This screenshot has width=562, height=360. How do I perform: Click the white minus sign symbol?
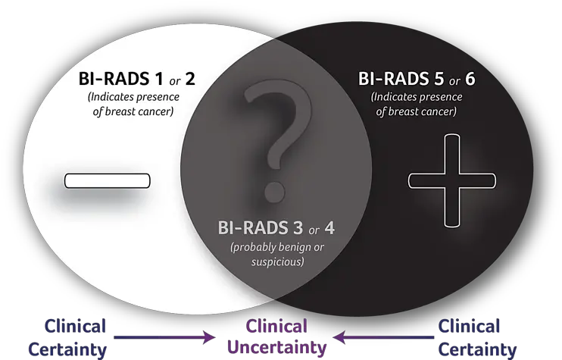point(107,180)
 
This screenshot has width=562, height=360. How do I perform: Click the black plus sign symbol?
point(452,180)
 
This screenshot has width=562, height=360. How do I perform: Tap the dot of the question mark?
point(275,192)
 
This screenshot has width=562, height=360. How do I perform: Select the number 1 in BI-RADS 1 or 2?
point(158,79)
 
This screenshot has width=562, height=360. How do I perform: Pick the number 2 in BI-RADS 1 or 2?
point(190,79)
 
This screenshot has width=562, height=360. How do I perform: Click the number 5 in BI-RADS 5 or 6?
point(439,79)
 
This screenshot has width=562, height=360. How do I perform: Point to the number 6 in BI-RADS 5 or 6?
point(470,79)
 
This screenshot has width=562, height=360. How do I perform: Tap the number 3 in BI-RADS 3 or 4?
point(298,228)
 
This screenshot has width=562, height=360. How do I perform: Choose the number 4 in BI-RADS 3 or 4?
point(329,228)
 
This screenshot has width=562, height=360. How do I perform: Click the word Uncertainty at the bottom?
point(277,347)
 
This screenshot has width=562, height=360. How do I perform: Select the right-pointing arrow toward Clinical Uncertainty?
point(164,337)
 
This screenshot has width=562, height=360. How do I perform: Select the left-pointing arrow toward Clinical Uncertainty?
point(383,337)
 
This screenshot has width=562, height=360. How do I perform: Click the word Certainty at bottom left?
point(67,349)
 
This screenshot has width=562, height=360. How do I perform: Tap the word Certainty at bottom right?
point(477,349)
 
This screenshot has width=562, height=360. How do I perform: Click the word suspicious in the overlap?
point(278,261)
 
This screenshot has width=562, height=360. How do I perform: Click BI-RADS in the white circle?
point(114,79)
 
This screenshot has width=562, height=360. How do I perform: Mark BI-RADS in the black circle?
point(394,79)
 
